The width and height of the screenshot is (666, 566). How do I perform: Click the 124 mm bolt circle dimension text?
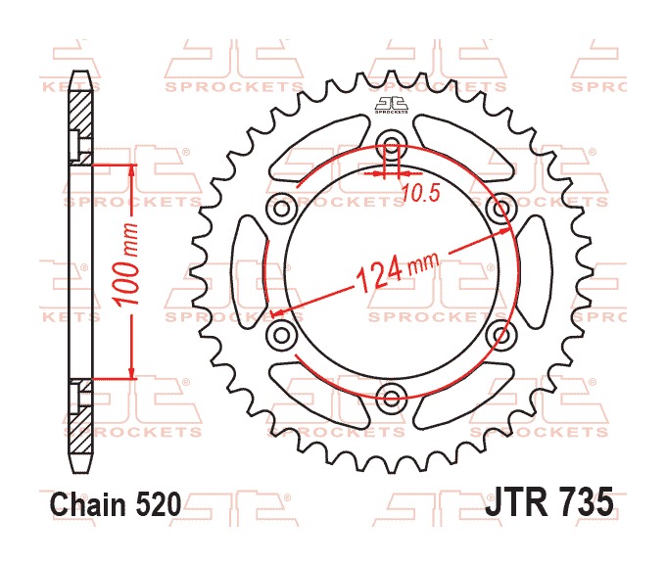pos(397,272)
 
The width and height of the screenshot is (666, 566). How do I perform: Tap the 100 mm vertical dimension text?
pos(127,263)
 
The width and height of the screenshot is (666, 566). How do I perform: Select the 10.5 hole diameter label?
pos(420,194)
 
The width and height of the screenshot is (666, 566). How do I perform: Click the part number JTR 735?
pos(549,501)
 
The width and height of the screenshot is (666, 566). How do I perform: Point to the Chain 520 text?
pos(116,504)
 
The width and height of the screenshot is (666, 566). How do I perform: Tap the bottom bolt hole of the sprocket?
pos(391,398)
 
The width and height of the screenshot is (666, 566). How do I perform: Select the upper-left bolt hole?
pos(281,208)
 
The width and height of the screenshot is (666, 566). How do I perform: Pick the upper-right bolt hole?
pos(501,208)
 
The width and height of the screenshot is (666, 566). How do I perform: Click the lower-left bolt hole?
pos(281,335)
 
